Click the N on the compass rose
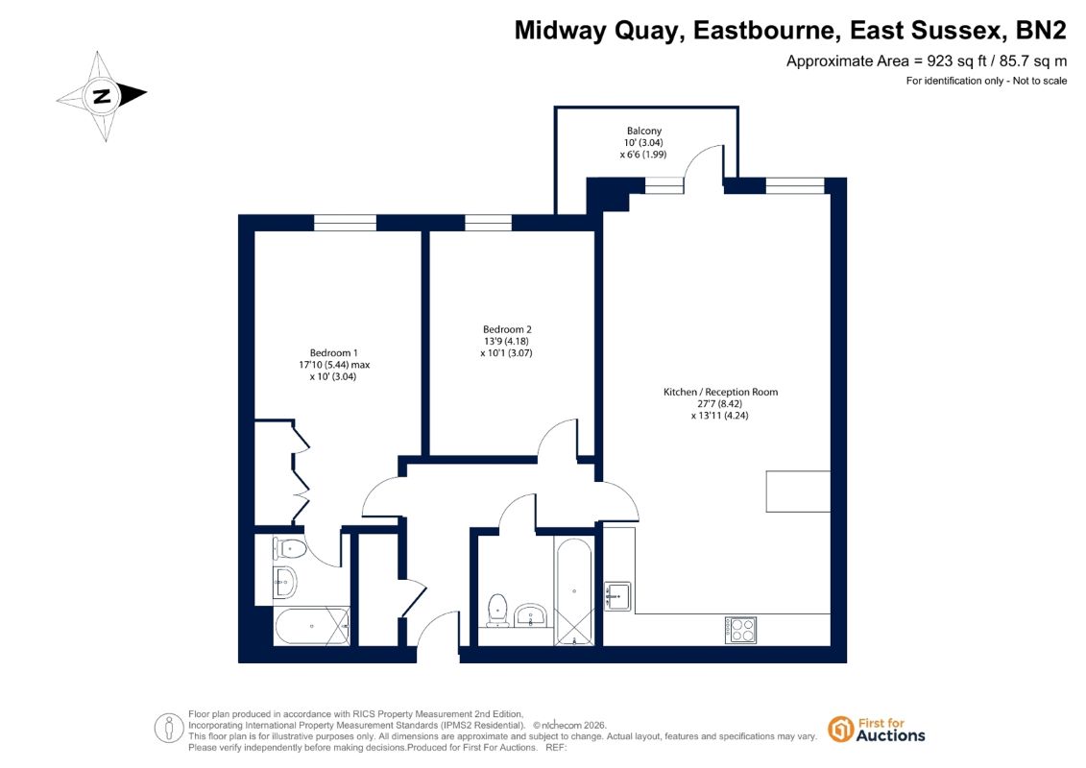[102, 96]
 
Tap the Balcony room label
[644, 131]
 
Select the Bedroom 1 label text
[334, 353]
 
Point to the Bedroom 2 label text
[507, 329]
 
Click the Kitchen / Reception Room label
[720, 392]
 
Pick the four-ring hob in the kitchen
[740, 630]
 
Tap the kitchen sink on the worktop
[617, 595]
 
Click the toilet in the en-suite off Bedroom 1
[290, 548]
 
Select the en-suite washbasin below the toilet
[284, 582]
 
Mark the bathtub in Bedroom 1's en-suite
[312, 627]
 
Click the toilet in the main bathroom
[498, 610]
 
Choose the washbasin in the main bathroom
[531, 615]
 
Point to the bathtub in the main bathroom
[573, 592]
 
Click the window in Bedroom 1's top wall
[345, 223]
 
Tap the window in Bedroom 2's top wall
[489, 223]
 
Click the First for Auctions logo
[877, 730]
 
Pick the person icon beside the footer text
[168, 729]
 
